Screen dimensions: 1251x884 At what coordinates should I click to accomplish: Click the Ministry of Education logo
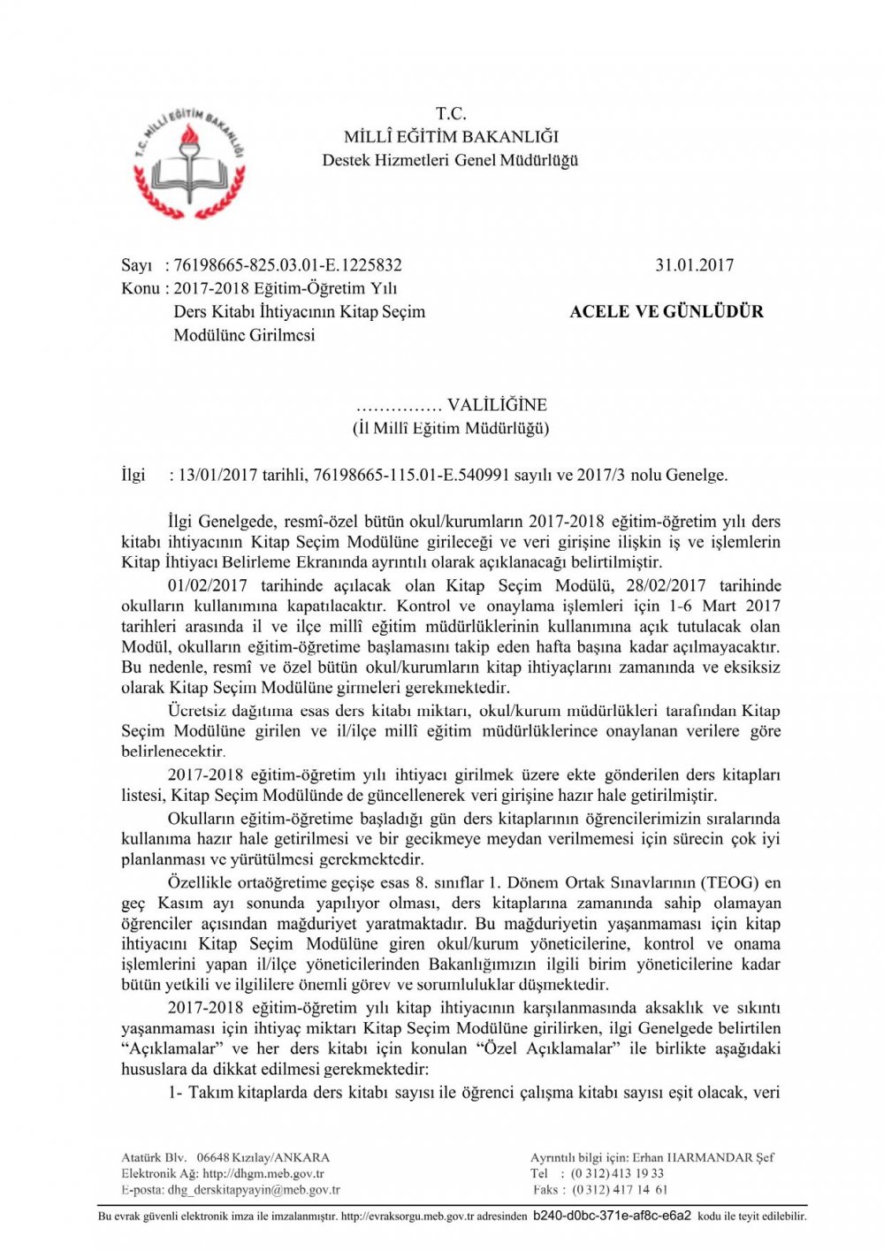189,164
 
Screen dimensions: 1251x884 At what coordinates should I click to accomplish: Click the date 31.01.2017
694,265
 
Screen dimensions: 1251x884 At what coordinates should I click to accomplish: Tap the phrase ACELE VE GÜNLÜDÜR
667,311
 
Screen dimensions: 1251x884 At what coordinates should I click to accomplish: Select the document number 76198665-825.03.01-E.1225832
287,265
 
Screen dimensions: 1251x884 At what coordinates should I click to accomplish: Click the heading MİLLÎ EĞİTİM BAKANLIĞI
451,137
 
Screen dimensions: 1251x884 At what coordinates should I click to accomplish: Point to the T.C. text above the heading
451,113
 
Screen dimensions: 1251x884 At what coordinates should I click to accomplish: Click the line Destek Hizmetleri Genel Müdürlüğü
450,160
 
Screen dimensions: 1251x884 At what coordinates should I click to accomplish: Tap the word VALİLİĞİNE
497,405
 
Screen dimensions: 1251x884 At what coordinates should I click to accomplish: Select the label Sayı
136,265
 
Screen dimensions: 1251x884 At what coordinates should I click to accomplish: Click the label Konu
140,288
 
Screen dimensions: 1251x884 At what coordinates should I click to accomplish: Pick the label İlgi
133,475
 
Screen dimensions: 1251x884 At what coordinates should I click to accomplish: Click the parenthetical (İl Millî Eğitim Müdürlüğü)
451,428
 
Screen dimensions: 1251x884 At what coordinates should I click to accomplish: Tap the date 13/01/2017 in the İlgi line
217,475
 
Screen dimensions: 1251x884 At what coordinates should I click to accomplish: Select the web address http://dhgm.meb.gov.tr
263,1174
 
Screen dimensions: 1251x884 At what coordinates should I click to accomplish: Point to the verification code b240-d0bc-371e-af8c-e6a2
612,1216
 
